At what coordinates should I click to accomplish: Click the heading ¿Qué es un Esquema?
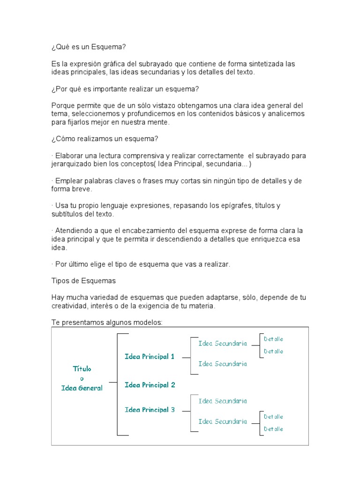[89, 47]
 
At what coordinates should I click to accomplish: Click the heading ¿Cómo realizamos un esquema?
[105, 139]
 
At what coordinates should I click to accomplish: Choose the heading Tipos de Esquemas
[83, 281]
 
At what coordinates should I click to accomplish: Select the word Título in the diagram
[82, 369]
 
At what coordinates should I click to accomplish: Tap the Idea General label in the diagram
[82, 388]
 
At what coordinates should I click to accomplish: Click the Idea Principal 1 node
[150, 357]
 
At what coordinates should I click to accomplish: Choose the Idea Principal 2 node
[150, 385]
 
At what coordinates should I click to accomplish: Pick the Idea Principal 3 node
[150, 410]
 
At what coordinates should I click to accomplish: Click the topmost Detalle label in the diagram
[274, 339]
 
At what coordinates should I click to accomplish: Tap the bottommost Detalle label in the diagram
[274, 429]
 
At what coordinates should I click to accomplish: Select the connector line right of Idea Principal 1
[186, 357]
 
